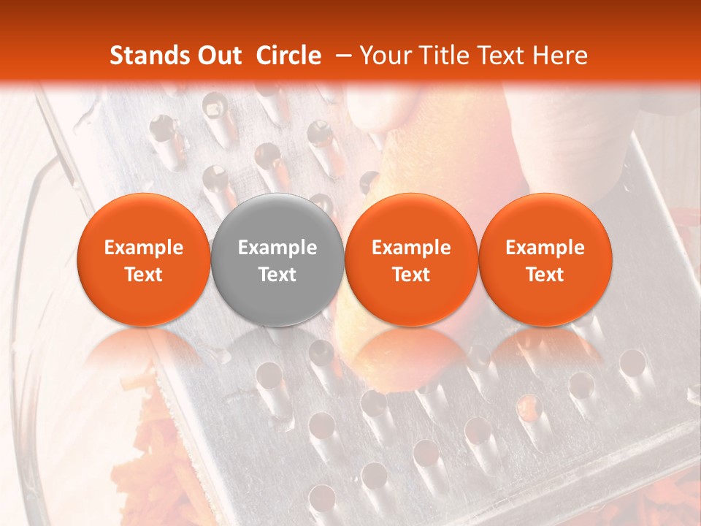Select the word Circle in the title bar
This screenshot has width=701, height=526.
(x=288, y=56)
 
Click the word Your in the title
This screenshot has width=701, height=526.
(x=386, y=56)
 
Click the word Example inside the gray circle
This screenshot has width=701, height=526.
(x=277, y=248)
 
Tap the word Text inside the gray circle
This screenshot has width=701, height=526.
(x=277, y=275)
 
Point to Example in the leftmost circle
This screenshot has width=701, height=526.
(x=144, y=248)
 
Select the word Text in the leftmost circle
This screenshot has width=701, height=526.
(x=144, y=275)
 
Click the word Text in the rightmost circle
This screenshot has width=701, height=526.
(x=545, y=275)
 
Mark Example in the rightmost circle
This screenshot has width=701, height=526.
(x=545, y=248)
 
